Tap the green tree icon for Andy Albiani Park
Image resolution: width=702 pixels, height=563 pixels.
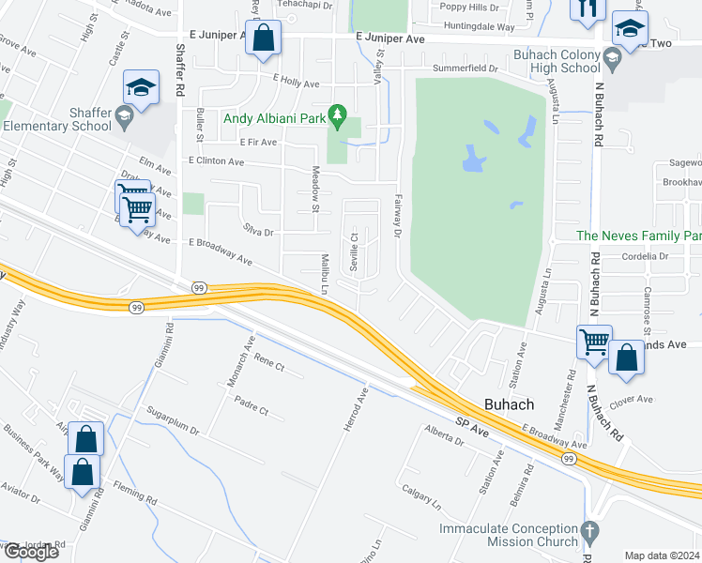[343, 119]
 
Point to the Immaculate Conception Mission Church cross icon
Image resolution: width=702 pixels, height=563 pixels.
[589, 531]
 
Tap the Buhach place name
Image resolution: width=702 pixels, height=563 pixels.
[509, 404]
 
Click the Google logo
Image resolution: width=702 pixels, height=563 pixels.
[30, 552]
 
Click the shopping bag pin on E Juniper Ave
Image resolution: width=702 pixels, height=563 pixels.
[265, 39]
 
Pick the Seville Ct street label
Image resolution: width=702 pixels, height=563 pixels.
[354, 251]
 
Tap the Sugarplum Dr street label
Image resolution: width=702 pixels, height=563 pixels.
[173, 419]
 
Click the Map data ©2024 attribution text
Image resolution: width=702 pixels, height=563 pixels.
[663, 555]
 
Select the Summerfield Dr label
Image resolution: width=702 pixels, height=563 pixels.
[465, 69]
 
